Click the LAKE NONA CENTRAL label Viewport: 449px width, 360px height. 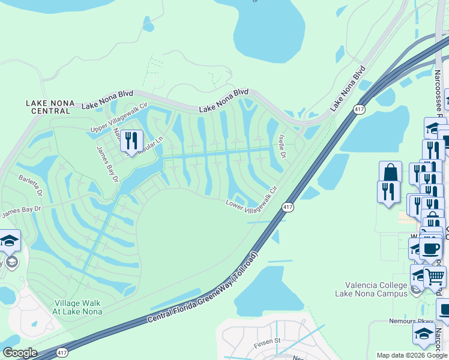pos(50,107)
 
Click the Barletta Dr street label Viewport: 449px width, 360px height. pos(30,186)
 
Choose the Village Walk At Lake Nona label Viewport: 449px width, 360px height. pos(78,307)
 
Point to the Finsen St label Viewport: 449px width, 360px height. pos(268,341)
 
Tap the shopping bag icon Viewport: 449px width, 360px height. pos(390,172)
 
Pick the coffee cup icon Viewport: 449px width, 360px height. pos(430,247)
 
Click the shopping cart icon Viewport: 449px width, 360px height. pos(435,276)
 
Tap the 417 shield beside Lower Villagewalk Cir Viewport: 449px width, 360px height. pos(287,206)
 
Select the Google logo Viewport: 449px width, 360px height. pos(20,353)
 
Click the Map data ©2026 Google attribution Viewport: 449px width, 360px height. pos(411,355)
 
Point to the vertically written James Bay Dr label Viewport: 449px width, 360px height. pos(106,163)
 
